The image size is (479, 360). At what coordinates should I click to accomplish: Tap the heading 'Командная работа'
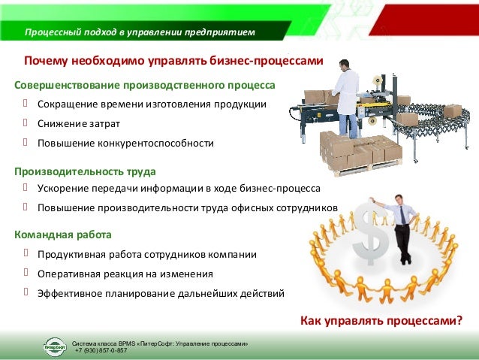[x=63, y=235]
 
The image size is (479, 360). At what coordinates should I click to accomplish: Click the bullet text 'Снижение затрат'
[x=78, y=123]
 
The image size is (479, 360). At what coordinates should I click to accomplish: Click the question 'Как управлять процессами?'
[x=381, y=322]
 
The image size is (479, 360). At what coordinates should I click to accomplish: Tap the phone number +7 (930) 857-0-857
[x=101, y=350]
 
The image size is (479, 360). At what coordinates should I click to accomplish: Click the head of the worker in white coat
[x=343, y=65]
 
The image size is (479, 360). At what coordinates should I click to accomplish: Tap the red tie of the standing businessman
[x=402, y=215]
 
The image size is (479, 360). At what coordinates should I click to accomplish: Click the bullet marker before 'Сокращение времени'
[x=25, y=102]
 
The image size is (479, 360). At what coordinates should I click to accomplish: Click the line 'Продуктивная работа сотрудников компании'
[x=147, y=255]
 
